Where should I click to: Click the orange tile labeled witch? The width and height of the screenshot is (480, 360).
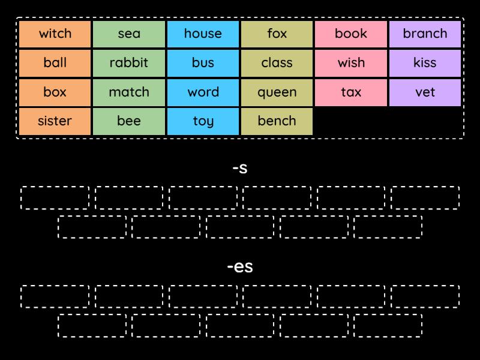pos(55,34)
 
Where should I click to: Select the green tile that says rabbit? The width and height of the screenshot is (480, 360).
pos(128,62)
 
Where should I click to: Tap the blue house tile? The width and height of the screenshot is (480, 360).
pos(203,34)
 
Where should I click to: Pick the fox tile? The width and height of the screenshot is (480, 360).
pos(277,34)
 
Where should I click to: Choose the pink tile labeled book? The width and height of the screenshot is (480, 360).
pos(351,34)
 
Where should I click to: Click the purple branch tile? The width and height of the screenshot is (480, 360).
pos(425,34)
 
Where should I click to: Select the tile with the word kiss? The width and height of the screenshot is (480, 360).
pos(425,62)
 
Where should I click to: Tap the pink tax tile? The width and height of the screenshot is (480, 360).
pos(351,92)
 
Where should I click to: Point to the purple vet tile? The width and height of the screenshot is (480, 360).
pos(425,92)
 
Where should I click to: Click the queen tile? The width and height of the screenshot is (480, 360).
pos(277,92)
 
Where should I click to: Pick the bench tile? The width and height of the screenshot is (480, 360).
pos(277,121)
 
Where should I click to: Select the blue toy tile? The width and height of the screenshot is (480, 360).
pos(203,121)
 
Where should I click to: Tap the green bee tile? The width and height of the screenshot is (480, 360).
pos(128,121)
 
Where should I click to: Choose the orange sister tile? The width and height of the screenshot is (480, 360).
pos(55,121)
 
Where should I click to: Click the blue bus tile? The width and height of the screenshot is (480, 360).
pos(203,62)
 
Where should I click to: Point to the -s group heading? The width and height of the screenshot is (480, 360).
pos(240,168)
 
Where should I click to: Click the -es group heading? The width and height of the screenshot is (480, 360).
pos(240,266)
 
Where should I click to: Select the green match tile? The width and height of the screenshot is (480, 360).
pos(128,92)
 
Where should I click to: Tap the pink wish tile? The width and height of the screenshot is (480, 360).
pos(351,62)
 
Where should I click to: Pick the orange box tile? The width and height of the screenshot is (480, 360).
pos(55,92)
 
